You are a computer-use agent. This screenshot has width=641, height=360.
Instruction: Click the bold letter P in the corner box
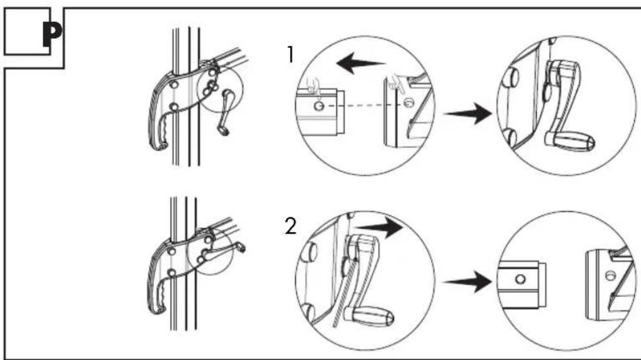pyautogui.click(x=52, y=35)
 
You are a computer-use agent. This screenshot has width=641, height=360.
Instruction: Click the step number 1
pyautogui.click(x=291, y=55)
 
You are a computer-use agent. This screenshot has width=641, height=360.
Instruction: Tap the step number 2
pyautogui.click(x=291, y=226)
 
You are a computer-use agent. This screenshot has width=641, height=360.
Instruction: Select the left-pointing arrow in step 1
pyautogui.click(x=361, y=64)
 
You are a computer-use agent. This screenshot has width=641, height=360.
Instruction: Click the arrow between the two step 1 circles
pyautogui.click(x=468, y=113)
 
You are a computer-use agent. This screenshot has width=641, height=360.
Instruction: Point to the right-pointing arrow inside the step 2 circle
pyautogui.click(x=378, y=227)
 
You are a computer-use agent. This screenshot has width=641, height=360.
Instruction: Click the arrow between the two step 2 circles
pyautogui.click(x=468, y=282)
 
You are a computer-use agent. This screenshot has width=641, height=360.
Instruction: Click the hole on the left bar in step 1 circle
pyautogui.click(x=319, y=106)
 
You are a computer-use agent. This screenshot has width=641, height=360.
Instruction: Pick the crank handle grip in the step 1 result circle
pyautogui.click(x=569, y=142)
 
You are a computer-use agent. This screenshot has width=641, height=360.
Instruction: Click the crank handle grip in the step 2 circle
pyautogui.click(x=369, y=315)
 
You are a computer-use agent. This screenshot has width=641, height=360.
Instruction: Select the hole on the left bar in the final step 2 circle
pyautogui.click(x=520, y=279)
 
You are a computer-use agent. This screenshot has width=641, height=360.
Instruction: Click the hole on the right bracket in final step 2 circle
pyautogui.click(x=611, y=275)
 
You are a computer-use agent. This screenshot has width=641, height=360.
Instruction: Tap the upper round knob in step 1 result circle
pyautogui.click(x=512, y=77)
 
